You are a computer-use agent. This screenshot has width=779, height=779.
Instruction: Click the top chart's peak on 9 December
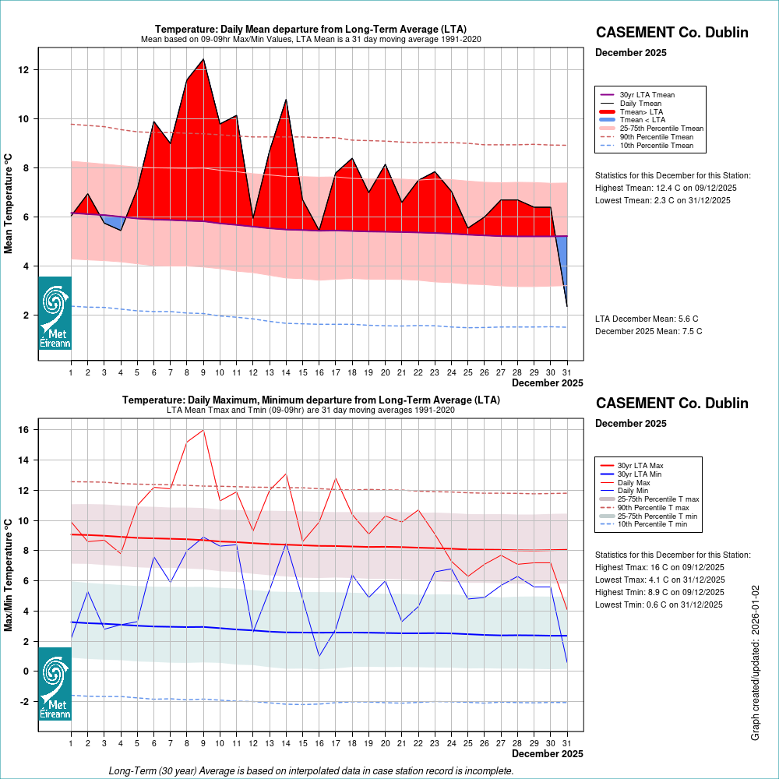(x=203, y=59)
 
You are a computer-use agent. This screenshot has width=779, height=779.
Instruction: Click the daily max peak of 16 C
(x=203, y=430)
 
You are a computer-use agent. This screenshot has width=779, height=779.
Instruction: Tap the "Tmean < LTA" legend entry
(x=642, y=120)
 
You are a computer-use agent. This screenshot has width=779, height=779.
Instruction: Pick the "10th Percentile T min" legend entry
(x=652, y=525)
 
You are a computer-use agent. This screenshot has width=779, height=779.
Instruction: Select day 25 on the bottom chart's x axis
(x=467, y=743)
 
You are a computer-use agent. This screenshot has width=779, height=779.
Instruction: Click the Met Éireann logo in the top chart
(x=55, y=313)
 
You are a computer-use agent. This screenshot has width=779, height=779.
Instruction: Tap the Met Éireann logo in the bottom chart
(x=55, y=684)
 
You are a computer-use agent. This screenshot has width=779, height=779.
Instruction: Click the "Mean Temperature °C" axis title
(x=9, y=203)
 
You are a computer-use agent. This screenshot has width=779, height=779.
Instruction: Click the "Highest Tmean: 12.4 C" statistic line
(x=666, y=188)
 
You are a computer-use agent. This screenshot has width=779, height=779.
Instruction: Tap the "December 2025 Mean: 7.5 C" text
(x=648, y=331)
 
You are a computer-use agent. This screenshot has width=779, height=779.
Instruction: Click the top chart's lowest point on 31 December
(x=566, y=306)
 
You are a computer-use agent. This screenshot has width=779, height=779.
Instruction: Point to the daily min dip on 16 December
(x=319, y=656)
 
